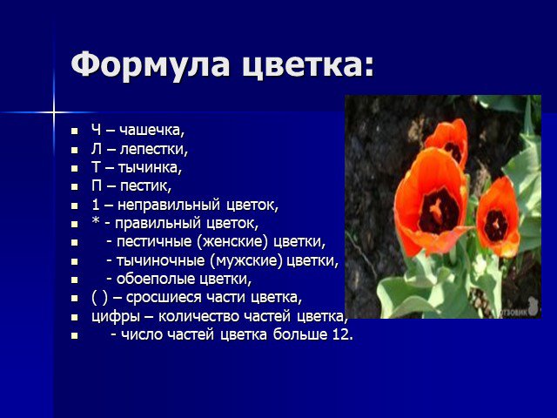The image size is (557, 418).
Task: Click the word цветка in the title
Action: (303, 65)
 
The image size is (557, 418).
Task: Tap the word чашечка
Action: (152, 130)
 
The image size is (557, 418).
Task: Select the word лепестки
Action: (153, 149)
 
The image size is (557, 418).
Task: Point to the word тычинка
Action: (150, 167)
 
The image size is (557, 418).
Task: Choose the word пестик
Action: (145, 185)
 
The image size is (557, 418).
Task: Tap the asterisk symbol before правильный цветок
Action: (95, 220)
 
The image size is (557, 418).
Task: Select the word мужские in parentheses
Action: (247, 260)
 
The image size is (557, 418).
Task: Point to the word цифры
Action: (116, 317)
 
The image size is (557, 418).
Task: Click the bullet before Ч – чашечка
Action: (74, 131)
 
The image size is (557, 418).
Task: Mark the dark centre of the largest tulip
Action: (439, 211)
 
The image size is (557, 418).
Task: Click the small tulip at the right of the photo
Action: (498, 218)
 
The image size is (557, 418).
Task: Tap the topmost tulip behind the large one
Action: (448, 141)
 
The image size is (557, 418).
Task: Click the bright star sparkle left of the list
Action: (54, 112)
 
